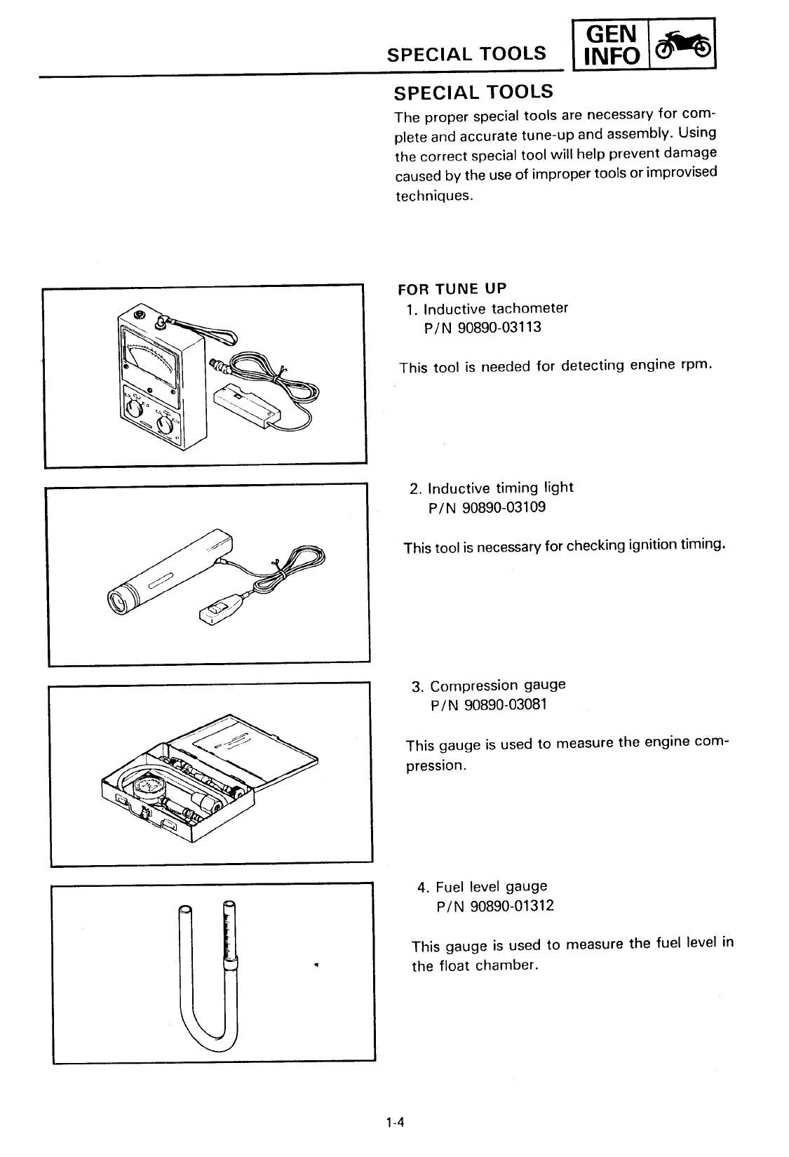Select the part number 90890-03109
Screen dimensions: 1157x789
click(502, 507)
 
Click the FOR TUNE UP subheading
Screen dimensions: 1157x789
click(452, 289)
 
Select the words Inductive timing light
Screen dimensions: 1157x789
click(500, 488)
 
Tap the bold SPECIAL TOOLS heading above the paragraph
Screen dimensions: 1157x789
click(473, 92)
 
